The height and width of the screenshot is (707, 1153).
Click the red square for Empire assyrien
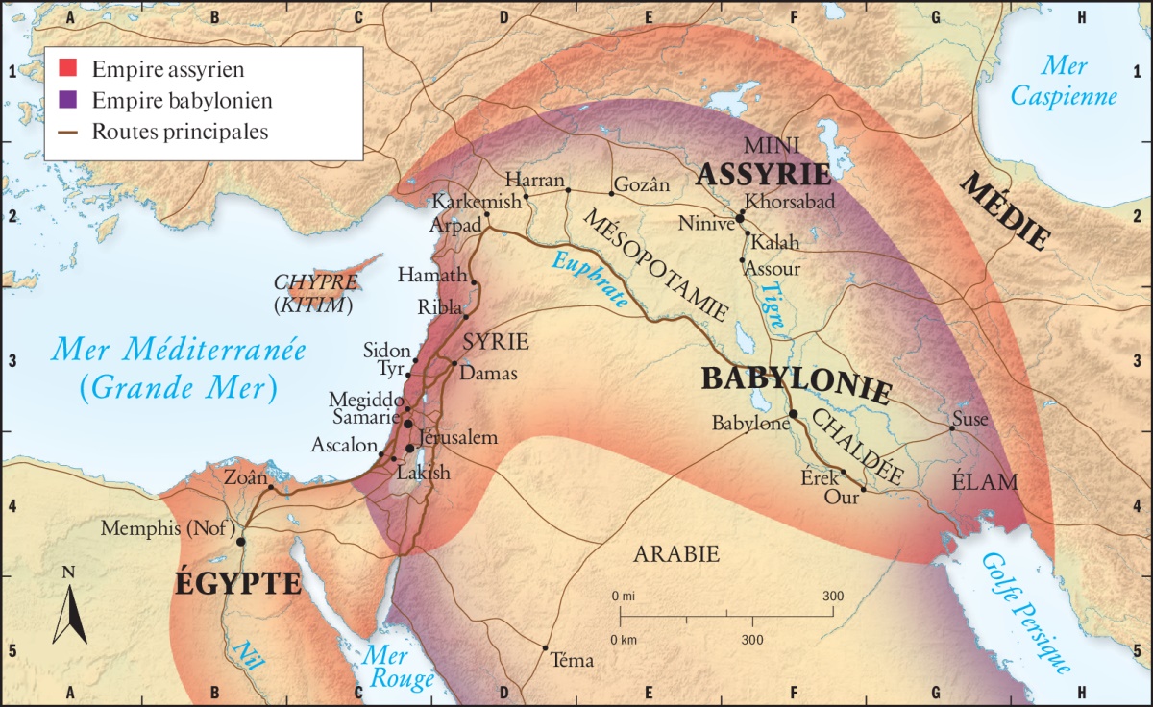(x=66, y=69)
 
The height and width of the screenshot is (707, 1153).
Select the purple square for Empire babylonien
(x=66, y=100)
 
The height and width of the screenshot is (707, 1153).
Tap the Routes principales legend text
(x=180, y=132)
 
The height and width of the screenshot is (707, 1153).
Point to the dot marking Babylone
(x=794, y=414)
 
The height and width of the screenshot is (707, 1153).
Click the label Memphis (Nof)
(x=169, y=527)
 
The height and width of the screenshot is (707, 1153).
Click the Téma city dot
(x=546, y=647)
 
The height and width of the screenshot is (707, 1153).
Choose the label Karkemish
(x=477, y=202)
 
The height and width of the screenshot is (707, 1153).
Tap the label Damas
(x=490, y=373)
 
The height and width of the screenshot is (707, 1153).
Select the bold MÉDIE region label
(x=1005, y=210)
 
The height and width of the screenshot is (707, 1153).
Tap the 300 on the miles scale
(x=832, y=597)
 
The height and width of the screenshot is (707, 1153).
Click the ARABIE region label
(x=676, y=553)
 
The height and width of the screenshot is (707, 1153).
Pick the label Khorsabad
(x=791, y=203)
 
